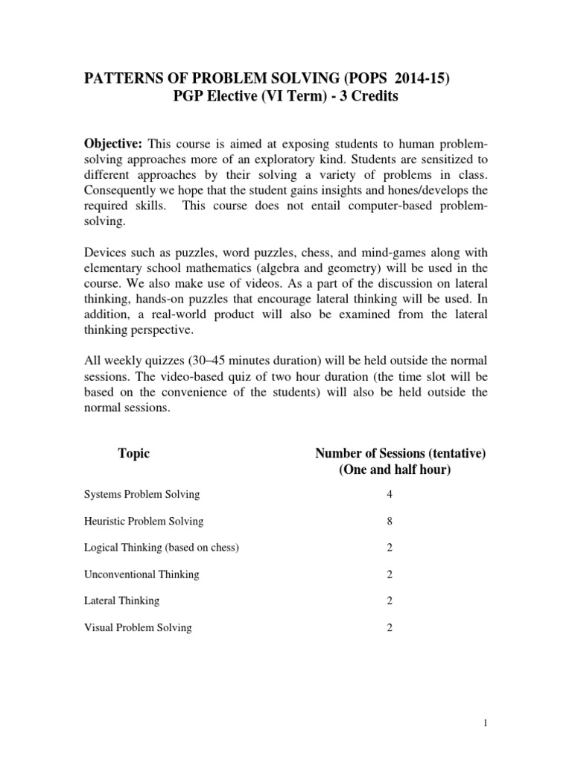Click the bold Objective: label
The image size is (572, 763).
tap(113, 142)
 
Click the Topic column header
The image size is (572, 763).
tap(134, 453)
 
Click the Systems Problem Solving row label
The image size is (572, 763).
tap(141, 494)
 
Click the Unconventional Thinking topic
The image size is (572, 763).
tap(141, 574)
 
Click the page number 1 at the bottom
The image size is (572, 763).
tap(547, 722)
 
